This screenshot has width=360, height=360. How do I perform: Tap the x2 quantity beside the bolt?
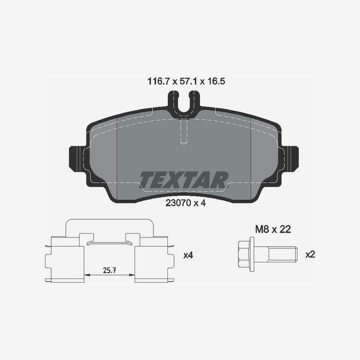(310, 254)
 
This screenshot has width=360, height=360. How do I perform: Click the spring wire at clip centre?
(110, 243)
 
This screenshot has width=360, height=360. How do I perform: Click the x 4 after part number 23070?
(199, 203)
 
